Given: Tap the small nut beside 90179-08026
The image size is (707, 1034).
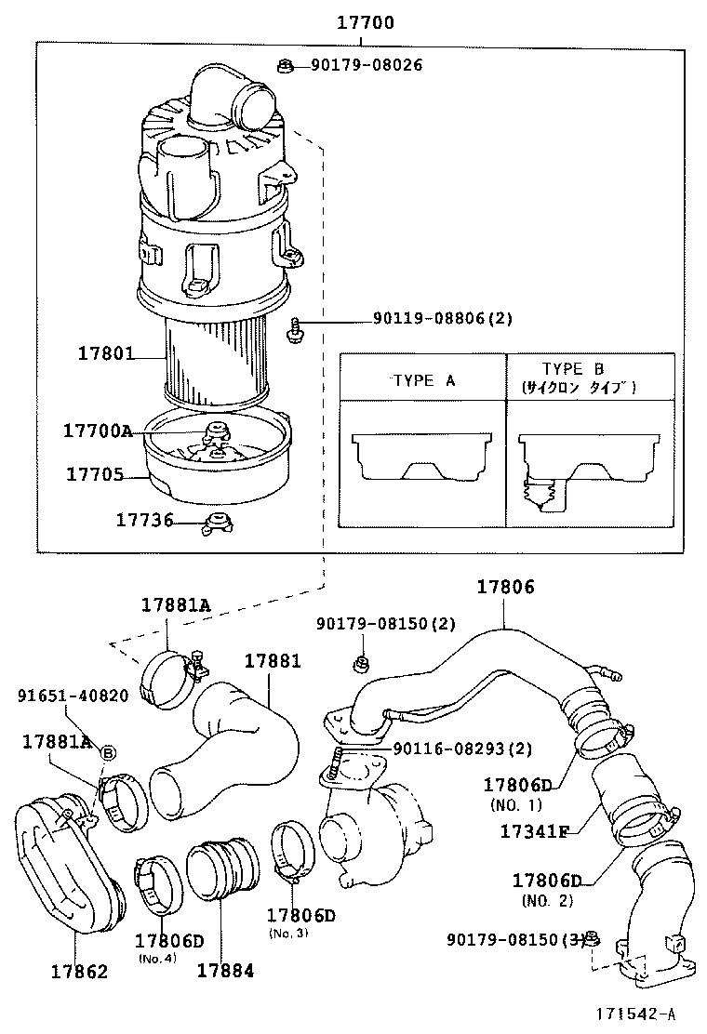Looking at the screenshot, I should [287, 65].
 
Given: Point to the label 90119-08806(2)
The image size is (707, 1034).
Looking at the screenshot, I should [443, 319].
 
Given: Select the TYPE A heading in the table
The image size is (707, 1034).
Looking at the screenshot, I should [423, 380].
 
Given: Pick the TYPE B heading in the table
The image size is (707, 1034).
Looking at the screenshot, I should [573, 369].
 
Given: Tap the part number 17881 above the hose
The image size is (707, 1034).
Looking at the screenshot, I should [273, 661].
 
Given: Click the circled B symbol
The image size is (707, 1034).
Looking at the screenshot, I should [107, 752].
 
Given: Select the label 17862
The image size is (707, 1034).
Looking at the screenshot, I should [79, 972].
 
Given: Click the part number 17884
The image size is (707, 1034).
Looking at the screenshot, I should [224, 972].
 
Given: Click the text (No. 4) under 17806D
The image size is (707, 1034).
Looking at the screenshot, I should [155, 958].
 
